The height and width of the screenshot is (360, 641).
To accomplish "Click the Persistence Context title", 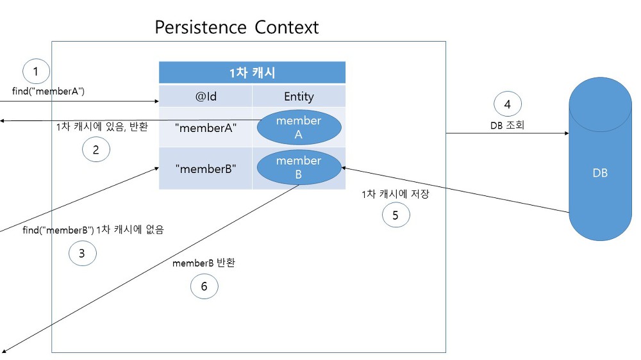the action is pyautogui.click(x=237, y=28).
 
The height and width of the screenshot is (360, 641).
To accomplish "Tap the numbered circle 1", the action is pyautogui.click(x=36, y=71).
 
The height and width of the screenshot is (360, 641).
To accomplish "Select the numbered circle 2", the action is pyautogui.click(x=96, y=149).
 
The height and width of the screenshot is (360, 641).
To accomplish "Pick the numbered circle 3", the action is pyautogui.click(x=82, y=254).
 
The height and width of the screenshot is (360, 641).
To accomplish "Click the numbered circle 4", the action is pyautogui.click(x=507, y=104).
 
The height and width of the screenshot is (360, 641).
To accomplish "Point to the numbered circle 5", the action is pyautogui.click(x=395, y=215).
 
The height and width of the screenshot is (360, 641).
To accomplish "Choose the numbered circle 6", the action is pyautogui.click(x=204, y=286).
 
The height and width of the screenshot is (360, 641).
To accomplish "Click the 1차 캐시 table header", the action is pyautogui.click(x=252, y=72).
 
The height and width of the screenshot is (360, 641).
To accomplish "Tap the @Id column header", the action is pyautogui.click(x=206, y=97).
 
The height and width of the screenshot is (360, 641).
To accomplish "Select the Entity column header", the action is pyautogui.click(x=299, y=97).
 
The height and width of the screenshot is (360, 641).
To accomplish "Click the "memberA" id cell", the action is pyautogui.click(x=206, y=127).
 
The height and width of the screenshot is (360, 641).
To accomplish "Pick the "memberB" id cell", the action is pyautogui.click(x=206, y=168).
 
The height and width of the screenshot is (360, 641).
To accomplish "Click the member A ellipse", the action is pyautogui.click(x=299, y=127).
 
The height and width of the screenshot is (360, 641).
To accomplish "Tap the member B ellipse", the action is pyautogui.click(x=299, y=167).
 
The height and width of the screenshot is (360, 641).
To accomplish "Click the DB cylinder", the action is pyautogui.click(x=600, y=159).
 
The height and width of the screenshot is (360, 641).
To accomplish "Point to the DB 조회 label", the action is pyautogui.click(x=507, y=125).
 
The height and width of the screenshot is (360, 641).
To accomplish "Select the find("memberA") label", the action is pyautogui.click(x=48, y=91).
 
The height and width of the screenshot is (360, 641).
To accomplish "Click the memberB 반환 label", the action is pyautogui.click(x=204, y=263).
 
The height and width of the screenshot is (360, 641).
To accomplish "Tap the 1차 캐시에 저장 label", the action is pyautogui.click(x=395, y=193).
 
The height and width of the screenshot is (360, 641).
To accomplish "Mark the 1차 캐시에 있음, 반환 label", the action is pyautogui.click(x=102, y=127).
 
